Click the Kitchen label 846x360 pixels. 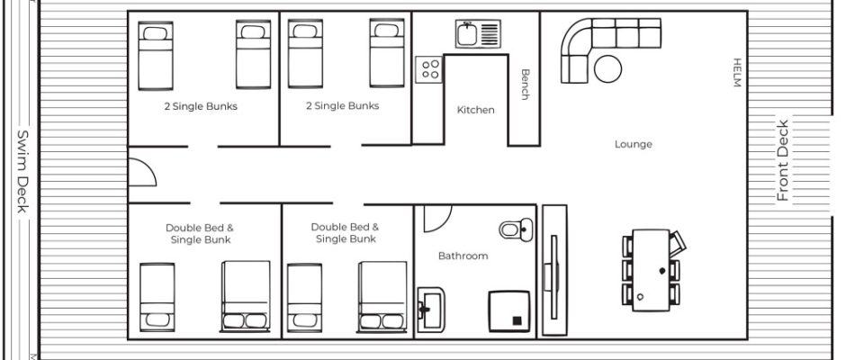[475, 110]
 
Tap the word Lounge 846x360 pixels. [634, 145]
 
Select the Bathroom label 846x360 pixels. [463, 256]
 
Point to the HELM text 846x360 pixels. [737, 72]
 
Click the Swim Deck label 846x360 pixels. [22, 171]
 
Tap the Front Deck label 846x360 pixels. [782, 161]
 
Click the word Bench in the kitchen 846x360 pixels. [525, 85]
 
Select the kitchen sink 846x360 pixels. [478, 34]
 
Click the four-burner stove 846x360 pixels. [429, 69]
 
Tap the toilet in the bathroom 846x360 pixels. [516, 229]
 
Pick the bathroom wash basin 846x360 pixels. [431, 309]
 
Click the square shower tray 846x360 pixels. [509, 311]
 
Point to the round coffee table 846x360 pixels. [608, 69]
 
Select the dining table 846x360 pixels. [651, 270]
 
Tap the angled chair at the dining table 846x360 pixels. [677, 243]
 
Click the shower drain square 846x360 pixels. [517, 320]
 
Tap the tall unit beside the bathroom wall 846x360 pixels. [554, 270]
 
